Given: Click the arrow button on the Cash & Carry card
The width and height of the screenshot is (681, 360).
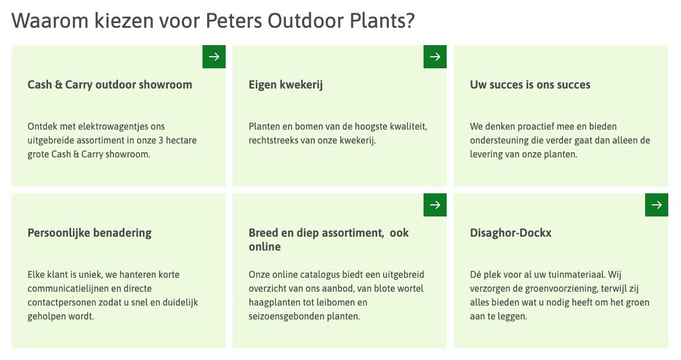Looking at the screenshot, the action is (x=213, y=57).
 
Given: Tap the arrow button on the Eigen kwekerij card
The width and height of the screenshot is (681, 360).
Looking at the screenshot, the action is (x=435, y=57).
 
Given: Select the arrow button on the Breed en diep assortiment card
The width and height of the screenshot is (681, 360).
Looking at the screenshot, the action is (x=435, y=204).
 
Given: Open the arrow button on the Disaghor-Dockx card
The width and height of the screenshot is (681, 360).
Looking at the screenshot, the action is (x=656, y=204).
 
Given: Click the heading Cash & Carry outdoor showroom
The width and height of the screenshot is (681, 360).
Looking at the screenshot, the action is (x=110, y=85).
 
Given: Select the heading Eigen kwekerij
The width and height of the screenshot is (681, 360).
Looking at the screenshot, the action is (x=286, y=85).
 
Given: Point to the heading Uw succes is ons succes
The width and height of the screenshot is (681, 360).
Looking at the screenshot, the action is (x=530, y=85).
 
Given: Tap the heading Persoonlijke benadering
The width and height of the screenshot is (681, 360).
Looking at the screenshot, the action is (x=90, y=233).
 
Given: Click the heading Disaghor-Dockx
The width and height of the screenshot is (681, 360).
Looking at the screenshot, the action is (x=511, y=233).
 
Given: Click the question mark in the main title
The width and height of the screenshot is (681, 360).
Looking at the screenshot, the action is (x=410, y=20).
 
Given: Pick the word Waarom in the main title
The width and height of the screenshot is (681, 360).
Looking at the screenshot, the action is (x=50, y=20).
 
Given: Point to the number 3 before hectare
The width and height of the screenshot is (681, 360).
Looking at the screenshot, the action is (x=161, y=140).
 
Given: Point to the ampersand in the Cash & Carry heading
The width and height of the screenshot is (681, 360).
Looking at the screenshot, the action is (x=58, y=85).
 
